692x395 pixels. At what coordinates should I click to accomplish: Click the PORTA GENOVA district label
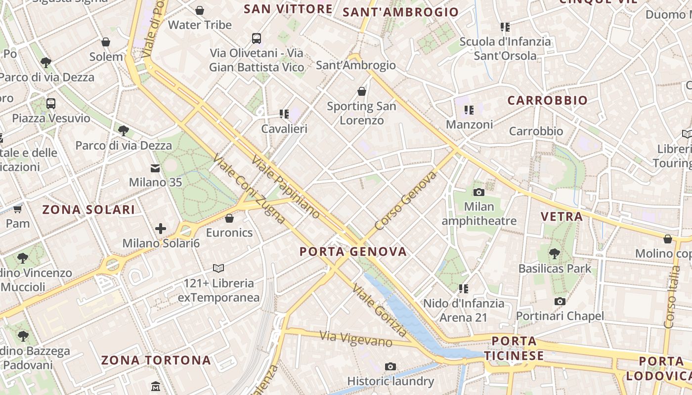(353, 251)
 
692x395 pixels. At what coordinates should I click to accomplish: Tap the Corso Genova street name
(406, 201)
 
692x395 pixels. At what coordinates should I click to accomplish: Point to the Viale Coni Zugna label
(249, 189)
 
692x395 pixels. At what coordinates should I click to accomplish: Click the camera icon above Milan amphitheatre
(478, 192)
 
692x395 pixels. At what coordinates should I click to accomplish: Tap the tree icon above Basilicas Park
(555, 254)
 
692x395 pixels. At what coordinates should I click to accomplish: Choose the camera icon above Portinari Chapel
(560, 301)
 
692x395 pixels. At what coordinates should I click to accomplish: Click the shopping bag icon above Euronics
(229, 218)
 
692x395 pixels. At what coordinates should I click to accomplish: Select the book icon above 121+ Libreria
(218, 268)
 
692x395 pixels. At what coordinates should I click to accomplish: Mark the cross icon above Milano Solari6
(161, 228)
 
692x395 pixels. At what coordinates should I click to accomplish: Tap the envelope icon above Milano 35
(155, 168)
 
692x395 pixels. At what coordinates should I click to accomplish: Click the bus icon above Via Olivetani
(256, 38)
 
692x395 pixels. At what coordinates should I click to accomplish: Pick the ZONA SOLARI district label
(88, 209)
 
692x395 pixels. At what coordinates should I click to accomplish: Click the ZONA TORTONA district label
(156, 360)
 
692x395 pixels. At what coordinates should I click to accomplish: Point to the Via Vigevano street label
(356, 339)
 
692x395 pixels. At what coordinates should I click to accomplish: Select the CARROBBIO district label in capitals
(548, 100)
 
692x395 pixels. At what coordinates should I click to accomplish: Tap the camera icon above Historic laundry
(390, 366)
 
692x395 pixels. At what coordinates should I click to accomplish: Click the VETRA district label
(562, 216)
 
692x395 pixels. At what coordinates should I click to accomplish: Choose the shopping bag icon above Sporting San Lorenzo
(362, 91)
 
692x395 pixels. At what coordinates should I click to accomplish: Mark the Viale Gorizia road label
(380, 310)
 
